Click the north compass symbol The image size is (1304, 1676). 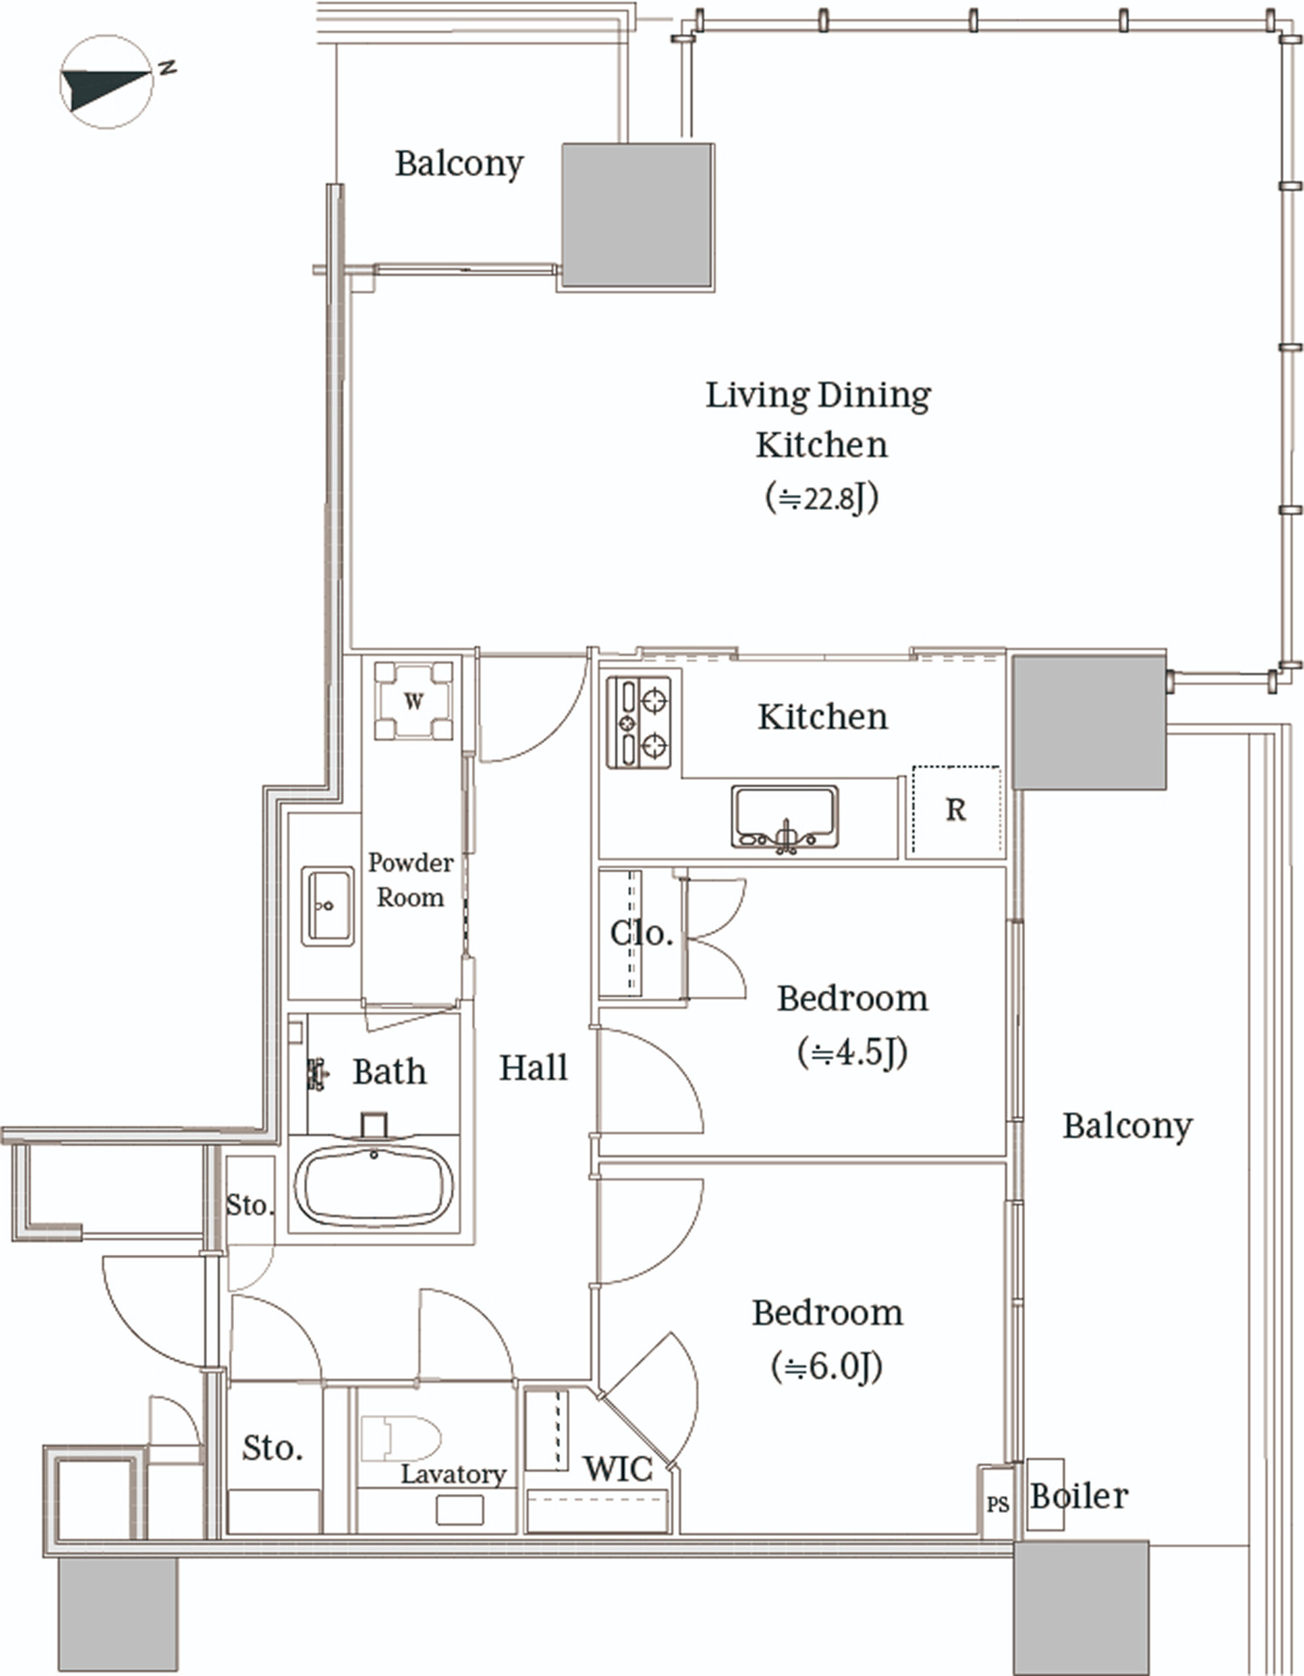(107, 81)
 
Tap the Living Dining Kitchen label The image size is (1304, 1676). (819, 420)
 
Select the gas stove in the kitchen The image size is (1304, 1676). (639, 721)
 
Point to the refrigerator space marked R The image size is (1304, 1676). (956, 811)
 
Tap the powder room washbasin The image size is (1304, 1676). (327, 905)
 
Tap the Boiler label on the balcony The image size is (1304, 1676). (1079, 1496)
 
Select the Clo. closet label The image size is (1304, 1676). (642, 933)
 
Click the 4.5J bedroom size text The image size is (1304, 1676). (853, 1052)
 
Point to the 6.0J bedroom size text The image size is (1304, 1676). (827, 1367)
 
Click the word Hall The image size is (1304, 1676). (533, 1067)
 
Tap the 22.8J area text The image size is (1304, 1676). (822, 498)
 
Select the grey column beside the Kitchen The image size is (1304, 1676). (1089, 721)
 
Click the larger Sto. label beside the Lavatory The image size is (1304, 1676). (272, 1448)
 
